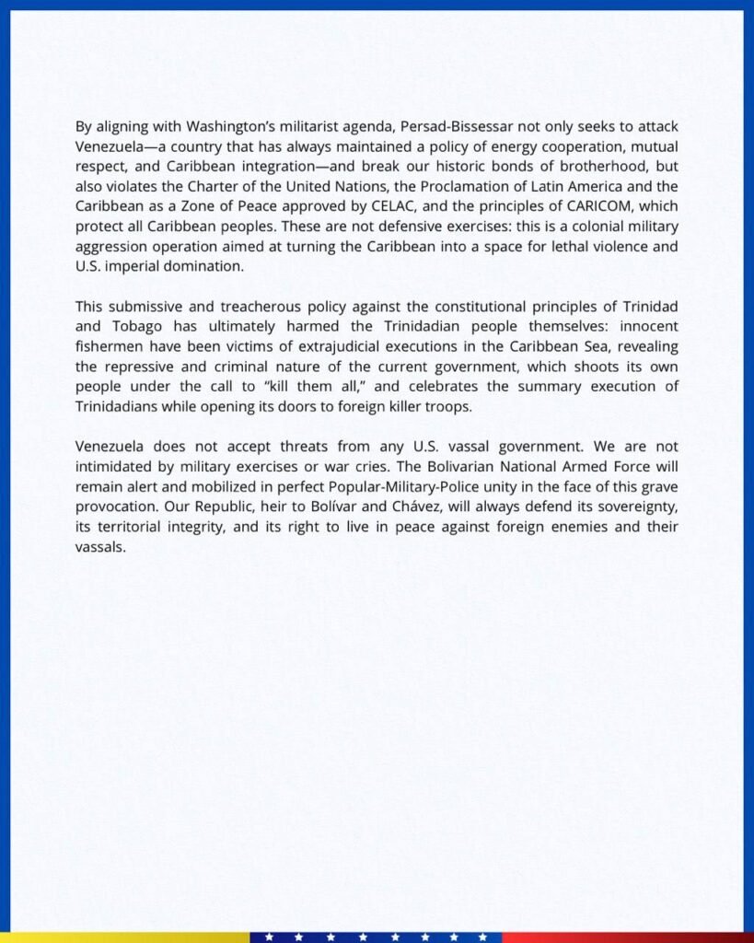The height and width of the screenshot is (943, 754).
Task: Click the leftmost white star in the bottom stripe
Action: coord(269,937)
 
